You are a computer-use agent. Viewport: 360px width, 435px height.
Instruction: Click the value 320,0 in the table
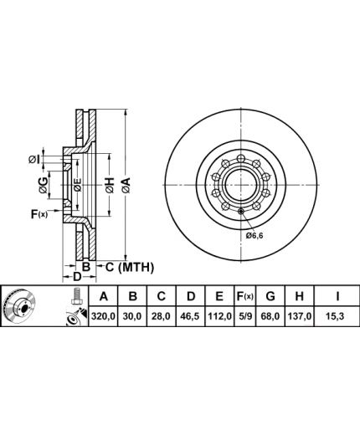[x=103, y=316]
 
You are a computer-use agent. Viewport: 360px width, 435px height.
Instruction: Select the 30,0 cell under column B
[x=132, y=316]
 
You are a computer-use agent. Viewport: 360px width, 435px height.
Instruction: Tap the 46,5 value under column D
[x=190, y=316]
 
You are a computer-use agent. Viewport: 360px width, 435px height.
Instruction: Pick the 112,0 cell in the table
[x=219, y=316]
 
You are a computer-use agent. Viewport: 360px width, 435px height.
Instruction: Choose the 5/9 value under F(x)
[x=244, y=316]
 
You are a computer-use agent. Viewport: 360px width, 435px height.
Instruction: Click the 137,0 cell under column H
[x=299, y=316]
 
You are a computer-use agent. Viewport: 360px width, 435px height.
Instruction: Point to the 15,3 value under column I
[x=337, y=316]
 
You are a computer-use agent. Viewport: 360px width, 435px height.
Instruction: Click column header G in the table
[x=270, y=296]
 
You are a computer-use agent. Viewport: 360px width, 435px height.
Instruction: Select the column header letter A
[x=104, y=296]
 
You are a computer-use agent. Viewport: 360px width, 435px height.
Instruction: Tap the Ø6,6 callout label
[x=255, y=236]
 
